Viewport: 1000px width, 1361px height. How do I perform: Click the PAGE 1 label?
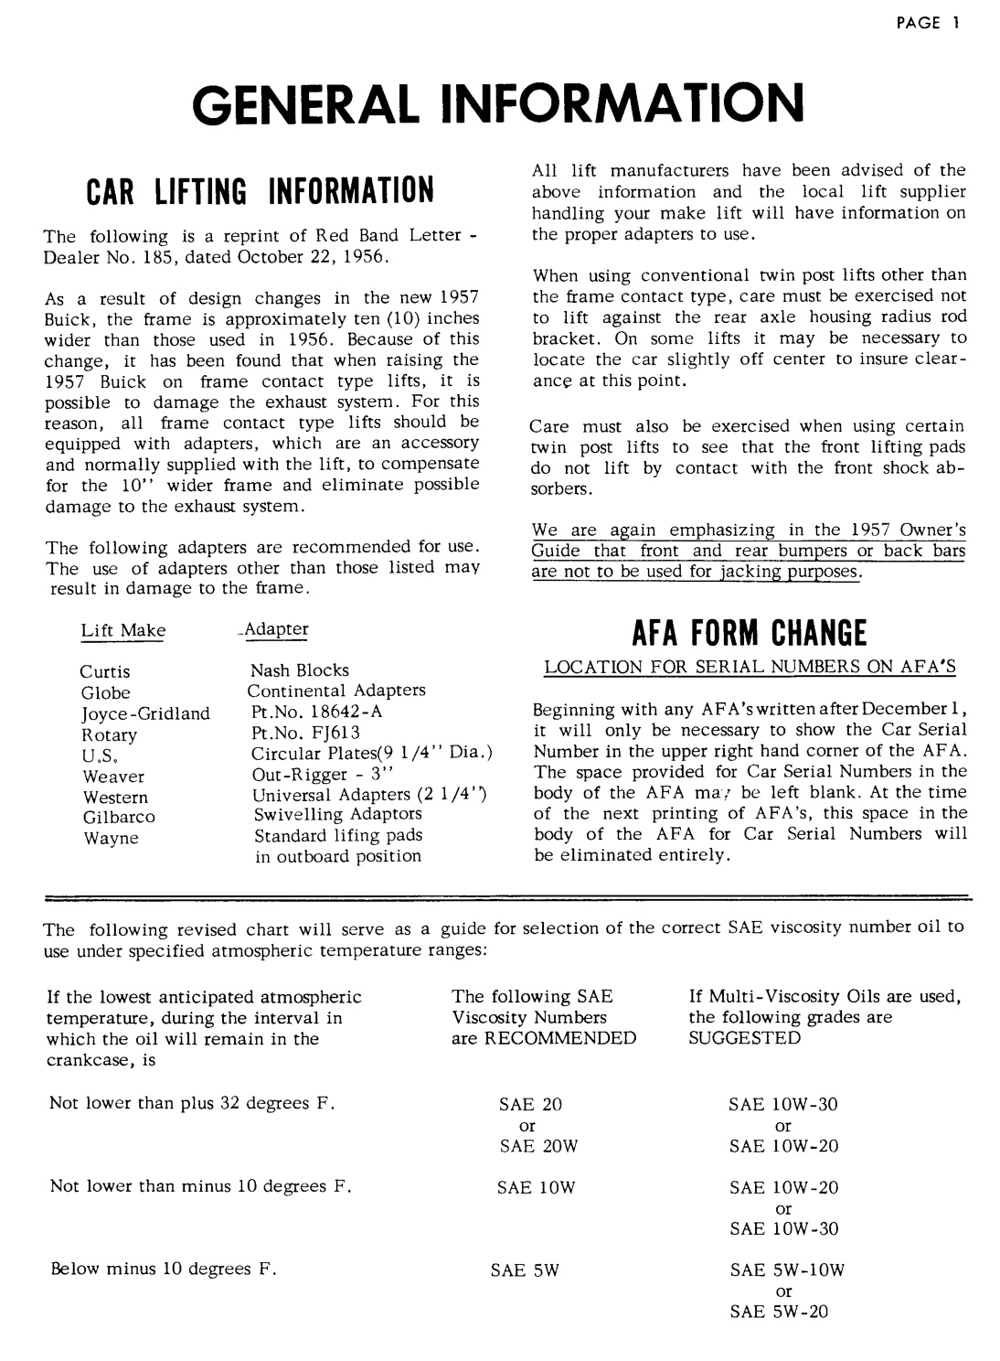[926, 24]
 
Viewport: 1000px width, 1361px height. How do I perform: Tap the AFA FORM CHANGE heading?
[750, 631]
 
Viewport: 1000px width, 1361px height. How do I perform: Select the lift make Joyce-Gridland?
[145, 713]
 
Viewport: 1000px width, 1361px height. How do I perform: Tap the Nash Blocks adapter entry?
[300, 670]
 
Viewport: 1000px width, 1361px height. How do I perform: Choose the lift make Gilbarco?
[119, 817]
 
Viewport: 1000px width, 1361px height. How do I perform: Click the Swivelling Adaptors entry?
[337, 813]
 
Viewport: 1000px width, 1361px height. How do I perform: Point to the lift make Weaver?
[113, 777]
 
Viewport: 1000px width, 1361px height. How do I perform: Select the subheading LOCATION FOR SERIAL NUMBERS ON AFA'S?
[750, 668]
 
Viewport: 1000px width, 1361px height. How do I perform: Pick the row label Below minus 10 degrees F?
[164, 1270]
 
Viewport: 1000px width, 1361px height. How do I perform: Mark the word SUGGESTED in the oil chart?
[744, 1038]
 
